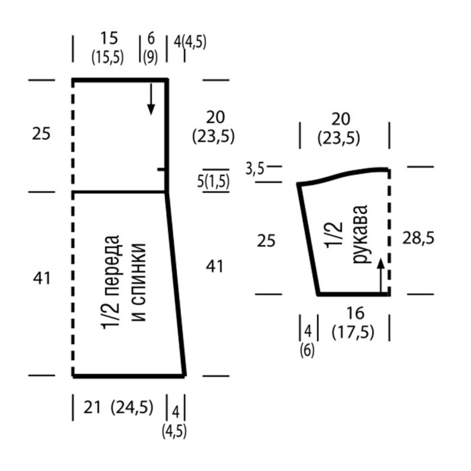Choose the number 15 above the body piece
click(108, 38)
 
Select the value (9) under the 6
click(150, 58)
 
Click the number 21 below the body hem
click(93, 407)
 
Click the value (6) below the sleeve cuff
click(307, 350)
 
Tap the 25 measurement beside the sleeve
click(266, 240)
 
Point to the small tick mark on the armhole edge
click(161, 170)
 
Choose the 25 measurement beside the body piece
click(41, 134)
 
